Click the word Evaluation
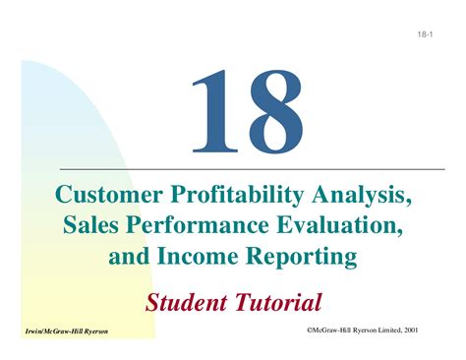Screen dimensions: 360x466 (x=333, y=227)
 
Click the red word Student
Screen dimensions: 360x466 (x=187, y=299)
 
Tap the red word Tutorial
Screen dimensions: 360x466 (x=276, y=299)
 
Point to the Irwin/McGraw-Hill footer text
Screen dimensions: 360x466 (x=60, y=332)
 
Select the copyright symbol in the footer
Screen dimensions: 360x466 (x=296, y=330)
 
